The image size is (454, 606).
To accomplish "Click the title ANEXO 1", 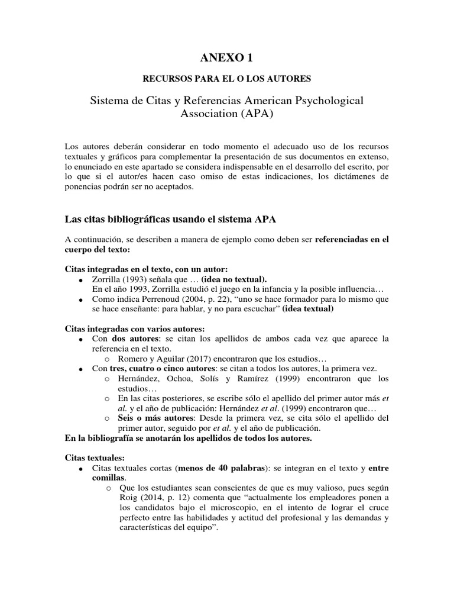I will [x=227, y=57].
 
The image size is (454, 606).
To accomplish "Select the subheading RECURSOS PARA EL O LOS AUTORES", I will [x=227, y=78].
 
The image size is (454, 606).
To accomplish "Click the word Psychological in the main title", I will [x=326, y=101].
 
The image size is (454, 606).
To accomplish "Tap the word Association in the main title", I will [x=207, y=114].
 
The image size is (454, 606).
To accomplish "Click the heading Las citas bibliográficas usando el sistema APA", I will [x=170, y=218].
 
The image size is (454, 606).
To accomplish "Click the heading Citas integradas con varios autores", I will [x=134, y=328].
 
